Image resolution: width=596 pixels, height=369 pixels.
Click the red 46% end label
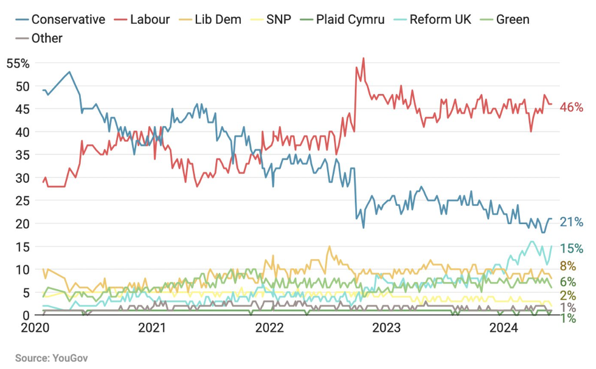click(x=571, y=107)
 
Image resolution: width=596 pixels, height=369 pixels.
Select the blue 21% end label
click(x=571, y=222)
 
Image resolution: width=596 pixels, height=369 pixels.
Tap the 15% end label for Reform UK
click(x=571, y=248)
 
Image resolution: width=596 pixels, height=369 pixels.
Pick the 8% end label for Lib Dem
click(x=567, y=266)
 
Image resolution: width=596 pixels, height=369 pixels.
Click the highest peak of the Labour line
click(x=363, y=58)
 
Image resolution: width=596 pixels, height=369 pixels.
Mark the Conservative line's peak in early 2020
click(x=69, y=72)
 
